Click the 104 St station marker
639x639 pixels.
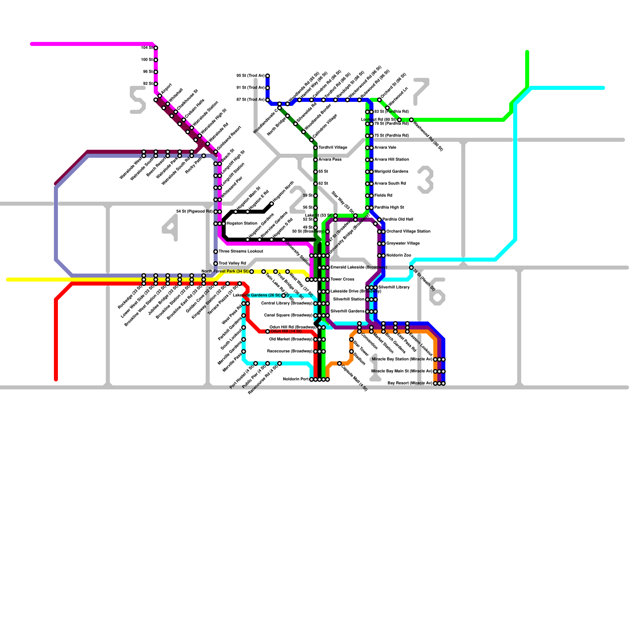click(x=156, y=48)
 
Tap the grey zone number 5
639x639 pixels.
click(x=138, y=100)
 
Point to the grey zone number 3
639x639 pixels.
click(x=425, y=180)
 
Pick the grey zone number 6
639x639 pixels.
click(x=437, y=292)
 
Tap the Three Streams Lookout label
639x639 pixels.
click(x=241, y=252)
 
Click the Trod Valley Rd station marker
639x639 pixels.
click(x=216, y=264)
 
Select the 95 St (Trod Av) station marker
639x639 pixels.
click(x=268, y=76)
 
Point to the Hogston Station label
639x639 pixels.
click(x=242, y=224)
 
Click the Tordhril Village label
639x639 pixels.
click(x=333, y=148)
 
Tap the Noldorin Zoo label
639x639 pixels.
click(x=399, y=256)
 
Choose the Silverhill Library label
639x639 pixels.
click(x=394, y=288)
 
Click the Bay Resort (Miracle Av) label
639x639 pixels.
click(x=410, y=383)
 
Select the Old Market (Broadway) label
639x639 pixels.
click(x=291, y=339)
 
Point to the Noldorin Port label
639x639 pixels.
click(x=296, y=379)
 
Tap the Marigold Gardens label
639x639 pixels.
click(x=391, y=172)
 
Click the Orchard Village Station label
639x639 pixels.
click(x=408, y=232)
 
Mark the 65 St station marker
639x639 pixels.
click(x=316, y=172)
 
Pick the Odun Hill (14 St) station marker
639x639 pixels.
click(x=268, y=331)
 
